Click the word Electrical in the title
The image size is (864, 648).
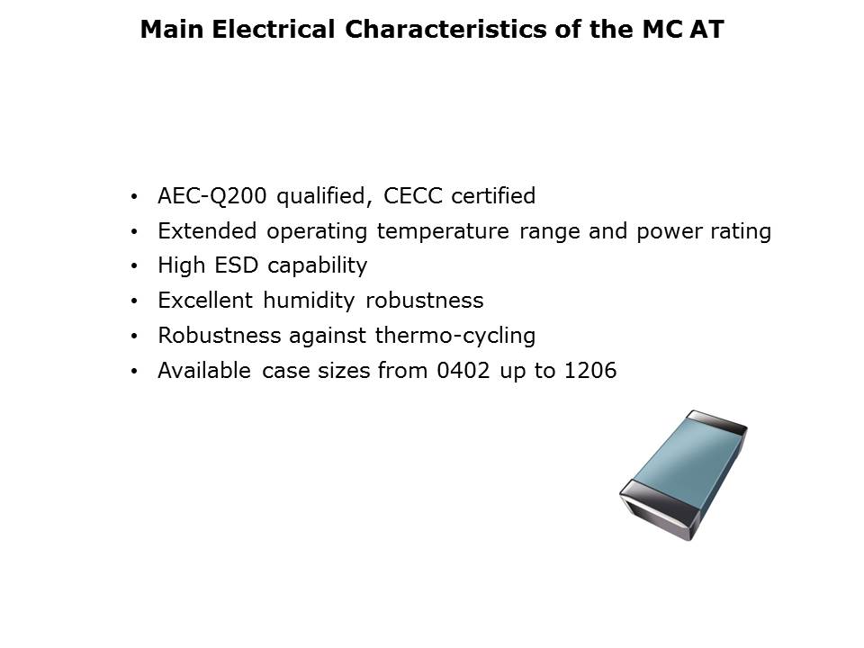point(274,29)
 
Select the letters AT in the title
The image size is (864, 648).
point(706,29)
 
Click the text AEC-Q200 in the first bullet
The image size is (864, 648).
point(212,196)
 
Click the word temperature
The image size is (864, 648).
point(443,231)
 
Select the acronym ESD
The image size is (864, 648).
point(236,265)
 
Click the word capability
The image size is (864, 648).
point(318,266)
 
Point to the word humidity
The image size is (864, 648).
point(309,301)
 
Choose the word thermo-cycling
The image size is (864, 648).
point(455,336)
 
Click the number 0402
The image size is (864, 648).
point(463,371)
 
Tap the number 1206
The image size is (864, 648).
point(590,371)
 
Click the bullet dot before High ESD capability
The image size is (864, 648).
point(134,266)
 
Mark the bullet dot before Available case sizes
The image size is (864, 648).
point(134,372)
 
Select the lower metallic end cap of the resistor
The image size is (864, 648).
point(657,509)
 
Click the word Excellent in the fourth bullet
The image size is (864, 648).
point(205,301)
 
